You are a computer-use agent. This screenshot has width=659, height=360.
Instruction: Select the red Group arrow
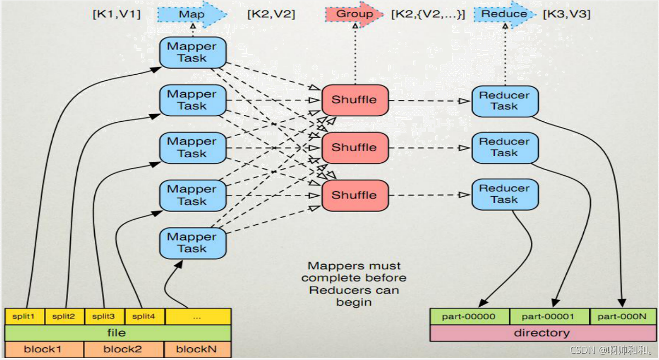(x=354, y=14)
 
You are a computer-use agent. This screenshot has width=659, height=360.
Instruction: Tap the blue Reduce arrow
(x=504, y=14)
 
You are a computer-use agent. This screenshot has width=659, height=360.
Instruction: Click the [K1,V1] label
(x=116, y=14)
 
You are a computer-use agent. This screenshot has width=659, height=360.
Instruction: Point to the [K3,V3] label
(x=566, y=14)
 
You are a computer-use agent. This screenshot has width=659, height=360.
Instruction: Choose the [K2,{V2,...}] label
(x=428, y=14)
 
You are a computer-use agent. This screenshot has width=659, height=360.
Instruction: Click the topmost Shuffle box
(x=354, y=100)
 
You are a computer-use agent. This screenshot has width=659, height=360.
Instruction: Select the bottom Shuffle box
(x=354, y=195)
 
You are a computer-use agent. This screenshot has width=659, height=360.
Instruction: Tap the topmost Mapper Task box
(x=192, y=52)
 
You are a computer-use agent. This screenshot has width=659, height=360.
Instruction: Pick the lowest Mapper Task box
(x=192, y=243)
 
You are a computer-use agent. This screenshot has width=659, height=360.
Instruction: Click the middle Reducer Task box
(x=504, y=147)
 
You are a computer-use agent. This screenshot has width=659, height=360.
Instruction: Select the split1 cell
(x=25, y=316)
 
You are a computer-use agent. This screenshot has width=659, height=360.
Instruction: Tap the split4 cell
(x=145, y=316)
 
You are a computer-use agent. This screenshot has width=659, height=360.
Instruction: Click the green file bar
(x=117, y=333)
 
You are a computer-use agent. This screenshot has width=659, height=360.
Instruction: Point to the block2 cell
(x=124, y=350)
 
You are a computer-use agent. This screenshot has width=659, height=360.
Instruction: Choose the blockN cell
(x=198, y=350)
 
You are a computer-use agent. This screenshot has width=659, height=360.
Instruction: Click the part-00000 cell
(x=470, y=316)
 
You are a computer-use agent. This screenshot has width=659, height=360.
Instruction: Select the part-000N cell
(x=623, y=316)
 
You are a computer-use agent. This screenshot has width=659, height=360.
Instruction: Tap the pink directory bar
(x=542, y=333)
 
